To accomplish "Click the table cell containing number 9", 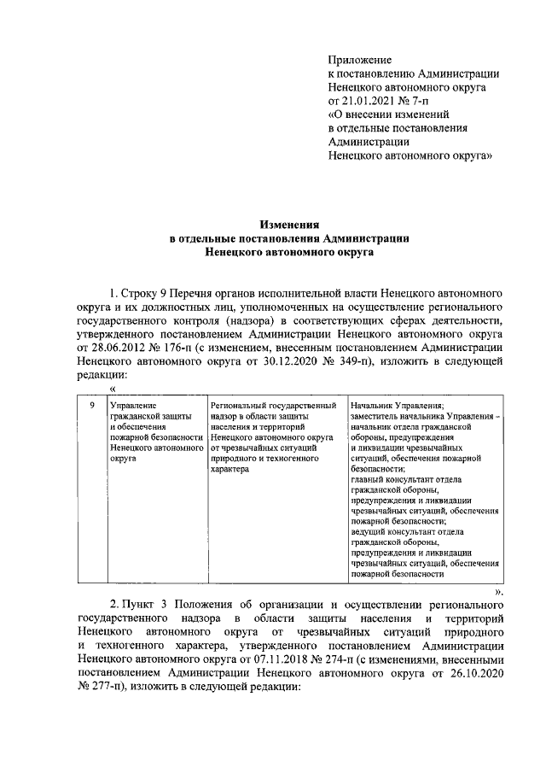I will (x=90, y=405).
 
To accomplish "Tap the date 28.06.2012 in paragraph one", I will (x=119, y=348).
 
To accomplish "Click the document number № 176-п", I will (x=177, y=348).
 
